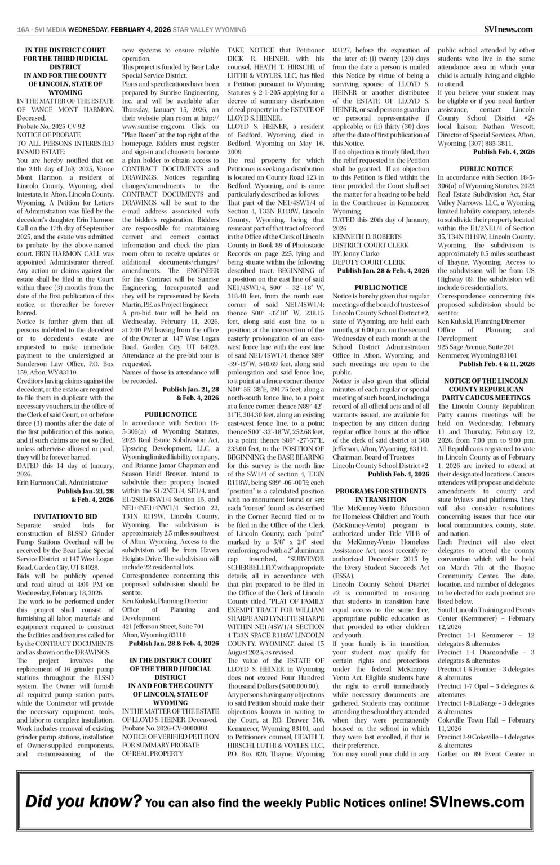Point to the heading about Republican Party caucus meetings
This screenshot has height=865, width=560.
pyautogui.click(x=486, y=389)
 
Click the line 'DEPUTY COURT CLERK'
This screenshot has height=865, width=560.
pyautogui.click(x=368, y=262)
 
